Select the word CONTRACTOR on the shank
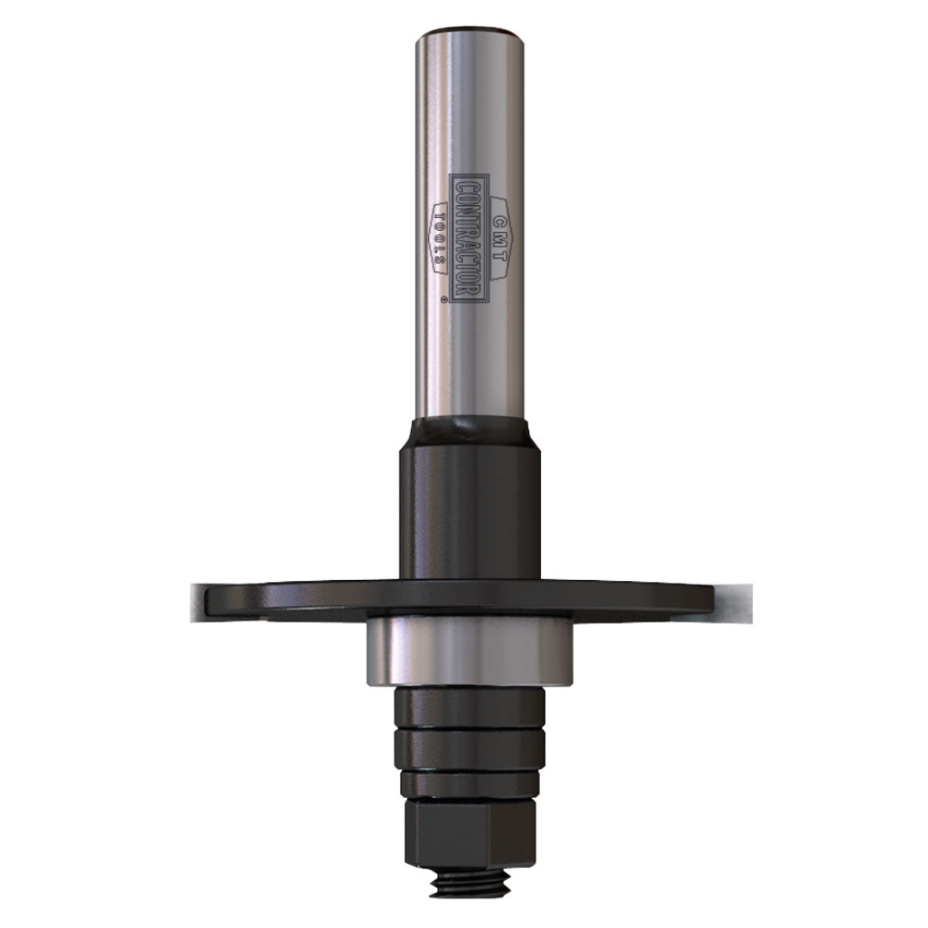pyautogui.click(x=469, y=237)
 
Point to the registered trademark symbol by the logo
pyautogui.click(x=445, y=301)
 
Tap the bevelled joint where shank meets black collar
pyautogui.click(x=470, y=431)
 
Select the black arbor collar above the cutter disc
pyautogui.click(x=470, y=510)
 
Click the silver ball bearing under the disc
pyautogui.click(x=470, y=651)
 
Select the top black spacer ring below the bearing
pyautogui.click(x=470, y=707)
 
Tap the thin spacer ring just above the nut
pyautogui.click(x=470, y=784)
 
